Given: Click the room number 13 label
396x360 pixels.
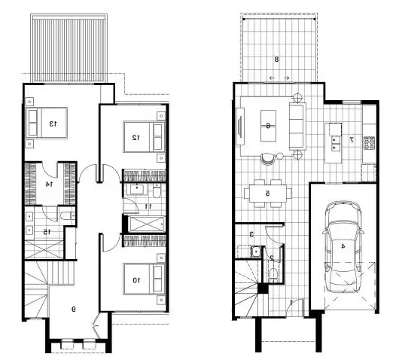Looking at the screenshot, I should tap(54, 123).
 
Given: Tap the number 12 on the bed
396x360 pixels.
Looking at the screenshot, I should tap(136, 137).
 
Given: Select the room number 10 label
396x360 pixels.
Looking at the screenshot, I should tap(136, 280).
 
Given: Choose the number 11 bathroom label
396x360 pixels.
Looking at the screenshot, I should tap(148, 206).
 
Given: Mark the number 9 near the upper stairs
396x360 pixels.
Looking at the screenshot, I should tap(73, 307).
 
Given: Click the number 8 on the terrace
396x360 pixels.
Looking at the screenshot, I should tap(277, 59).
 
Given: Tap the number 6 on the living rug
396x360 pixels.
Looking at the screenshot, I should tap(268, 125).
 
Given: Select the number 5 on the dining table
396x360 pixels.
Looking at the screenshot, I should tap(267, 194).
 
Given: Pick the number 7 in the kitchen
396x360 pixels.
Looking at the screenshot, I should tap(351, 139).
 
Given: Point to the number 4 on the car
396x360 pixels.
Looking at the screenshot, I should tap(343, 246).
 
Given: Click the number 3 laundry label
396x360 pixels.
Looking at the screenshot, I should tap(251, 234).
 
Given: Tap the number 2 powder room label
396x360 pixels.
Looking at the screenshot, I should tap(271, 258).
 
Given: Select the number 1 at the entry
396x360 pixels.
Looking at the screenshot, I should tap(291, 303).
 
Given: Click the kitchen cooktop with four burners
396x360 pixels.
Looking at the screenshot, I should tap(369, 142).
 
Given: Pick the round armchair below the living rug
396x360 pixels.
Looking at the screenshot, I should tap(268, 158).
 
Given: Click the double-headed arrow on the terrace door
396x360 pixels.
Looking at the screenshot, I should tap(279, 78).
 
